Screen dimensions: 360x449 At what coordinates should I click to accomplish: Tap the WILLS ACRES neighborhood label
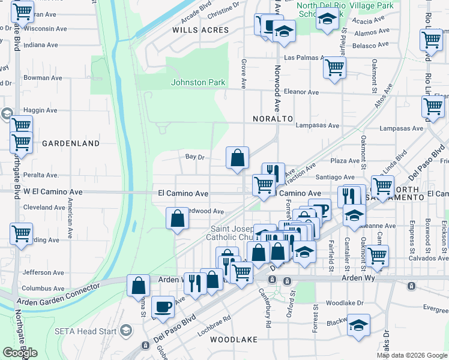click(200, 29)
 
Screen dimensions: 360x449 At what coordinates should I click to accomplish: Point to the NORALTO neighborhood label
click(268, 119)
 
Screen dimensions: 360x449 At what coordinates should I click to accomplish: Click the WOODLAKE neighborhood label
click(234, 340)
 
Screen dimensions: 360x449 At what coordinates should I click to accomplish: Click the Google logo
click(20, 352)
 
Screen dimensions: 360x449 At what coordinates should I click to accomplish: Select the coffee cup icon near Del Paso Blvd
click(163, 307)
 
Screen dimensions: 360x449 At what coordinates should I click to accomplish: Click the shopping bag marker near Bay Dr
click(238, 158)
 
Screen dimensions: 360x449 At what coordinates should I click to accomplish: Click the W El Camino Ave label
click(53, 192)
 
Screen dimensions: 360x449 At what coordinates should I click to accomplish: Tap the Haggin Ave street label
click(40, 111)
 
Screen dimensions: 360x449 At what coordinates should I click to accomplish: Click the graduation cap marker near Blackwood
click(358, 325)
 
